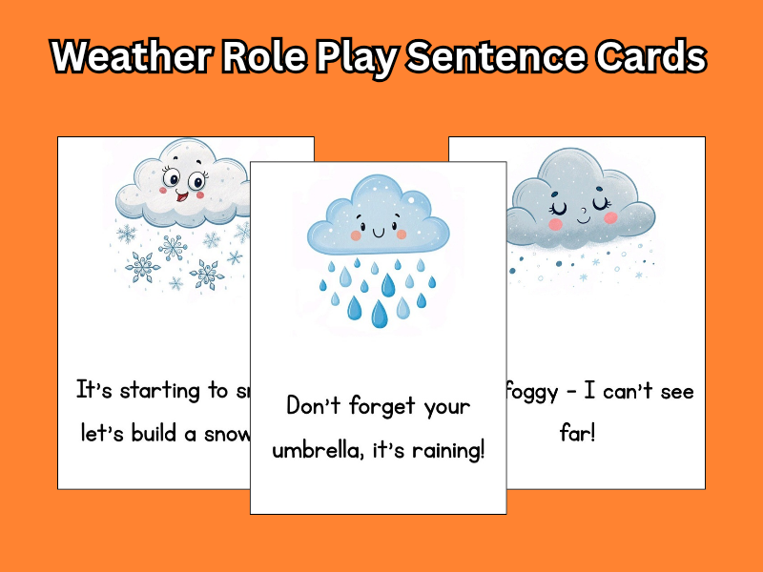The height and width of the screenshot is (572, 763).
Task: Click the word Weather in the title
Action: (x=129, y=57)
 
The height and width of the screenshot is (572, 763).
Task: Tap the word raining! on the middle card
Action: (x=441, y=449)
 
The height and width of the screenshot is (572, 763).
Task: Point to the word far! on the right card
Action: (x=578, y=434)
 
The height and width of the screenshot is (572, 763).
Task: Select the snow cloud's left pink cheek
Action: (x=163, y=190)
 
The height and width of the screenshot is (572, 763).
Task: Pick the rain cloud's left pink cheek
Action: (x=356, y=235)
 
